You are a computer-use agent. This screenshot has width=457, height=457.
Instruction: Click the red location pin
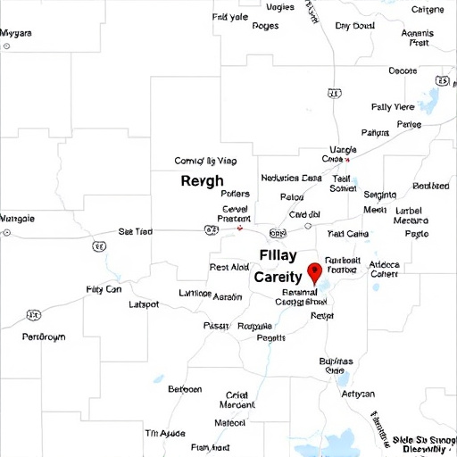tap(313, 273)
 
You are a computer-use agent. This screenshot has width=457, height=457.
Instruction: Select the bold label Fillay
tap(278, 255)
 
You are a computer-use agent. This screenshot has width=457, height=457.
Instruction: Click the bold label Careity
tap(278, 278)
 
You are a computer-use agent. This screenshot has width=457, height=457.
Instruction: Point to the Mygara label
tap(16, 33)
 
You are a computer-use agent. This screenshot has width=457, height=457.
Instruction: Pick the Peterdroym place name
tap(44, 337)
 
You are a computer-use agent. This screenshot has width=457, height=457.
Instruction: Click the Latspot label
tap(145, 304)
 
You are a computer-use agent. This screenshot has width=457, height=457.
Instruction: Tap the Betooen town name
tap(185, 389)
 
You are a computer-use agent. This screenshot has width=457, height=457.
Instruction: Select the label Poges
tap(265, 26)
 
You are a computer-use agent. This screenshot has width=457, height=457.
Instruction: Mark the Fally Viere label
tap(393, 106)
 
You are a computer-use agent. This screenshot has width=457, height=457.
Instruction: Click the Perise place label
tap(408, 125)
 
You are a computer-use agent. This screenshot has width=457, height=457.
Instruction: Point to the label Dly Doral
tap(354, 26)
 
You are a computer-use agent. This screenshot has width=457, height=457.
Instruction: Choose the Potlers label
tap(235, 193)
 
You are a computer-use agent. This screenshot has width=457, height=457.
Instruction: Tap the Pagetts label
tap(271, 338)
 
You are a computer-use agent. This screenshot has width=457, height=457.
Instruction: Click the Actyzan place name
tap(358, 394)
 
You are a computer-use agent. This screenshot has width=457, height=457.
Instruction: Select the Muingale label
tap(17, 218)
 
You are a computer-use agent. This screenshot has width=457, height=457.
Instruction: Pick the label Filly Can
tap(104, 289)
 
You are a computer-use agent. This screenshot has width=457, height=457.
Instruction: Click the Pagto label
tap(417, 233)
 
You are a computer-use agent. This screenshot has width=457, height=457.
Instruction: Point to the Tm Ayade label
tap(165, 433)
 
